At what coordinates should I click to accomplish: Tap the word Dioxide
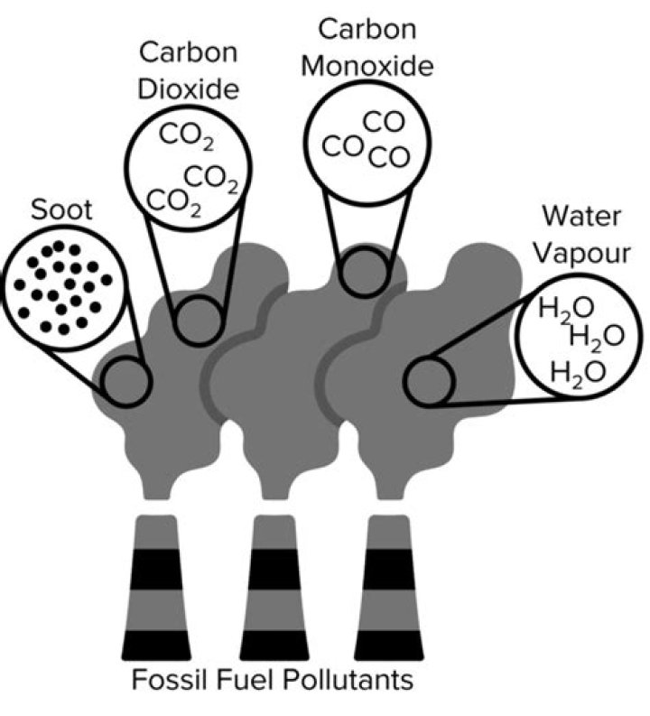pos(189,89)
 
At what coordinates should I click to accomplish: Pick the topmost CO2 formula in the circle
pos(184,136)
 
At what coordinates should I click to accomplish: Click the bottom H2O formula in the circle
pos(577,370)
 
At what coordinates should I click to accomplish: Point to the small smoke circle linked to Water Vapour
pos(430,383)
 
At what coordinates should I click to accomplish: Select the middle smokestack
pos(275,588)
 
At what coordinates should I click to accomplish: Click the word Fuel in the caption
pos(243,679)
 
